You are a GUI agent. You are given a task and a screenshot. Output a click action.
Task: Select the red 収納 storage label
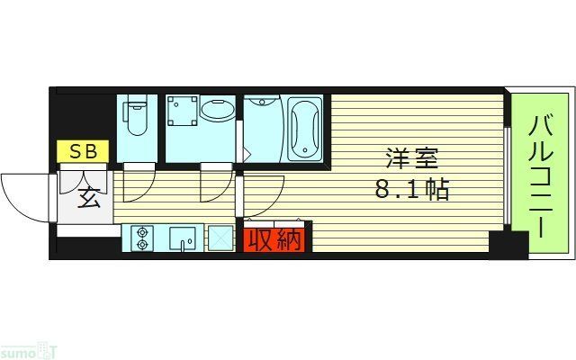[x=274, y=240]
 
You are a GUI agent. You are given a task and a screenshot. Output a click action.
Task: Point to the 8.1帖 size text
[x=413, y=191]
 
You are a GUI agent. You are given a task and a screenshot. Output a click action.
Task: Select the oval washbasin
[x=216, y=112]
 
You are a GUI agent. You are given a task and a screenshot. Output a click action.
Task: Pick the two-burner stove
[x=142, y=238]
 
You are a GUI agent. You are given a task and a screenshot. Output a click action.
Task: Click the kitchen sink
[x=184, y=239]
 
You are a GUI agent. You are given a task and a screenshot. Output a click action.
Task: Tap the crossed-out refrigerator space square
[x=220, y=238]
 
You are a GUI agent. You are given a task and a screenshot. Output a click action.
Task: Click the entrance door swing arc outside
[x=25, y=193]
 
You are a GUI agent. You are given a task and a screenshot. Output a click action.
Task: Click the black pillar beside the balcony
[x=508, y=245]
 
